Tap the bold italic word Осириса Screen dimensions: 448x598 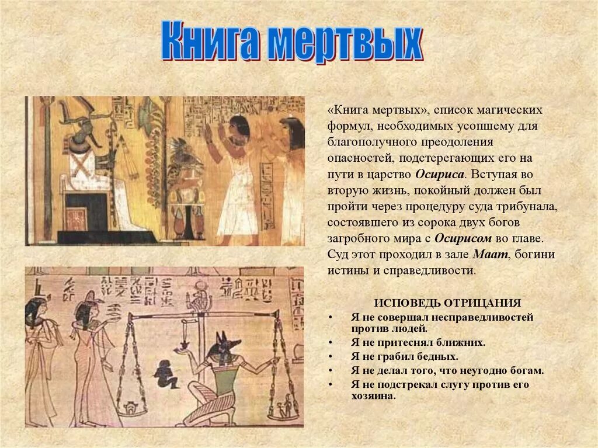point(439,174)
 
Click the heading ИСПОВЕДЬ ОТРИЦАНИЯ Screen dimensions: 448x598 point(447,303)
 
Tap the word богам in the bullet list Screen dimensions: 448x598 point(527,370)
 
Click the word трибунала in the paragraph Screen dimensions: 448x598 point(523,206)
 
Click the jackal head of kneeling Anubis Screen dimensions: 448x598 point(222,345)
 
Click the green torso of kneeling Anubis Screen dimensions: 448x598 point(225,377)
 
